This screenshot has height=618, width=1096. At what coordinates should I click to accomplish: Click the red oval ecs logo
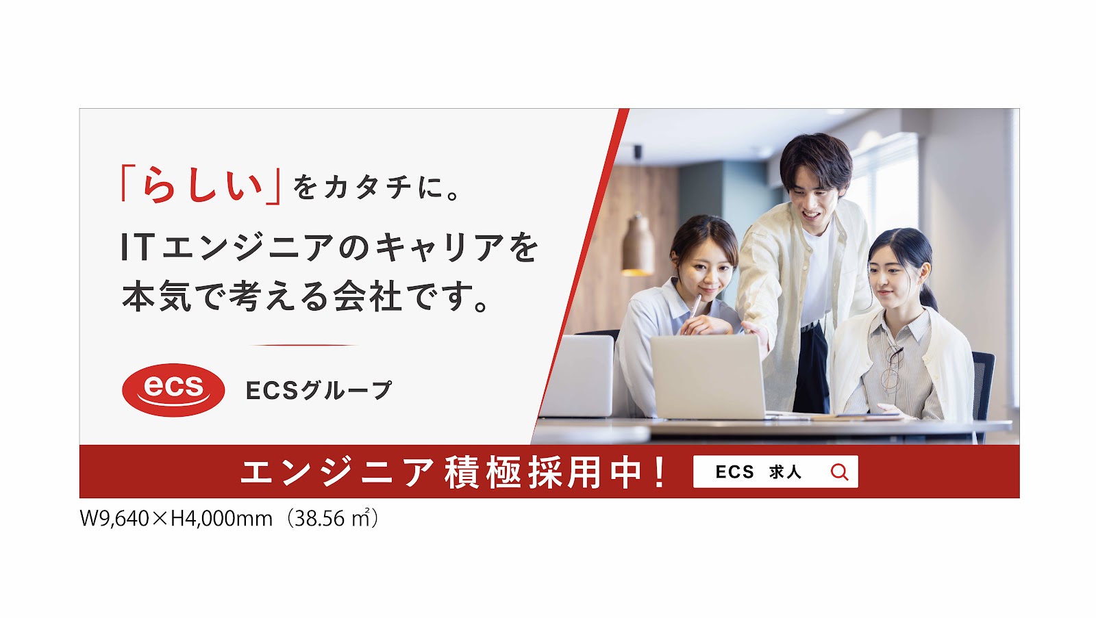click(173, 390)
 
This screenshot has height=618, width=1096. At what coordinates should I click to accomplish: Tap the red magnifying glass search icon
click(840, 472)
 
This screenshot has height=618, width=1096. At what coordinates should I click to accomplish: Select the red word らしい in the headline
click(201, 185)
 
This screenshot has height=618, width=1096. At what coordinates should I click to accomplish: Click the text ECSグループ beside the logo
click(319, 390)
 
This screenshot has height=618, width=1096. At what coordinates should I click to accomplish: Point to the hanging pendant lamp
click(638, 244)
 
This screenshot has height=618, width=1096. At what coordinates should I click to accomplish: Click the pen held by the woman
click(695, 306)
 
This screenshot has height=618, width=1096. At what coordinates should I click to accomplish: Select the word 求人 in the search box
click(785, 472)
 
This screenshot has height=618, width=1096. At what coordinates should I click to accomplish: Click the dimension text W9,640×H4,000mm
click(176, 519)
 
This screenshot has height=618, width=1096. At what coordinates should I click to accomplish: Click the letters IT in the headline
click(138, 247)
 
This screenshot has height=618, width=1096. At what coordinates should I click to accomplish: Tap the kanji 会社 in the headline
click(368, 296)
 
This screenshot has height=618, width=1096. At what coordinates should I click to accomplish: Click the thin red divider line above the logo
click(303, 345)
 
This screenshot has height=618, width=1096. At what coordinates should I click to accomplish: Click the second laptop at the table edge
click(577, 376)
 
